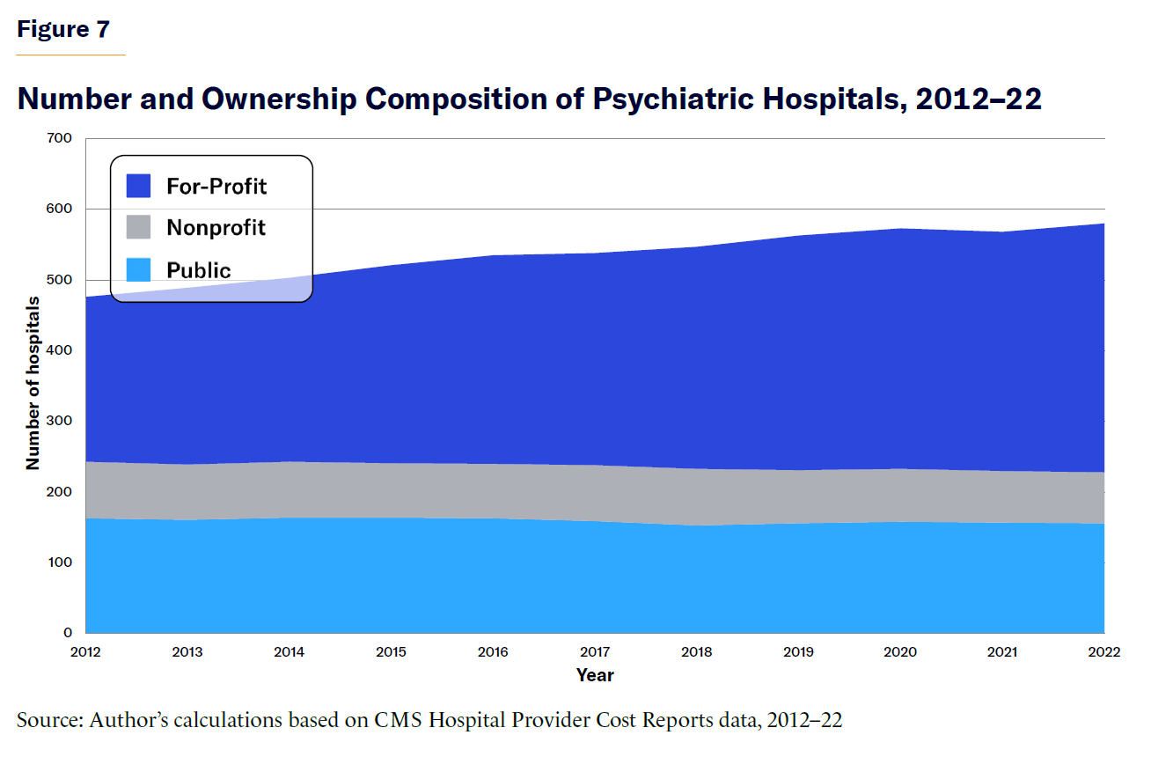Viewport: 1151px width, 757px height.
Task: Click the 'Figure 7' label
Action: point(63,29)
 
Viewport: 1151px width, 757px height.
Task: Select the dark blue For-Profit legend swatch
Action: point(139,186)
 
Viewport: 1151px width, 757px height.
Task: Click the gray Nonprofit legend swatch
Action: point(139,227)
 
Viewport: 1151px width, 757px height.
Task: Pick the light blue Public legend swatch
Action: point(139,269)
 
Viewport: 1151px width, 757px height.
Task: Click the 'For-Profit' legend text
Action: point(216,186)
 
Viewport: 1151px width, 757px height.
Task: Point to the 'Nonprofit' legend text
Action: point(216,228)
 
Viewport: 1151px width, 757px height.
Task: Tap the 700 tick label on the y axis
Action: point(61,139)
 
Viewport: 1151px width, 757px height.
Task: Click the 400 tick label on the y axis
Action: point(61,350)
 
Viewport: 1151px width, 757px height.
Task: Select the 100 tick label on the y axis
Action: point(61,562)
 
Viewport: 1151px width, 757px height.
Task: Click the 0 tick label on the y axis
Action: point(68,633)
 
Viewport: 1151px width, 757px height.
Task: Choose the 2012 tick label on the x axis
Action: point(86,652)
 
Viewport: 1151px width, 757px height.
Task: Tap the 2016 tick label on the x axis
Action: point(494,652)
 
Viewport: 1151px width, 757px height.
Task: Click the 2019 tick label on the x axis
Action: point(799,652)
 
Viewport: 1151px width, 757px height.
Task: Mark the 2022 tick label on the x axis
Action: point(1103,652)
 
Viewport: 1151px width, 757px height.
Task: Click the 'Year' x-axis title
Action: point(595,676)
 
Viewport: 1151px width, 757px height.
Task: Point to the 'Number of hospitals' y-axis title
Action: point(33,383)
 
